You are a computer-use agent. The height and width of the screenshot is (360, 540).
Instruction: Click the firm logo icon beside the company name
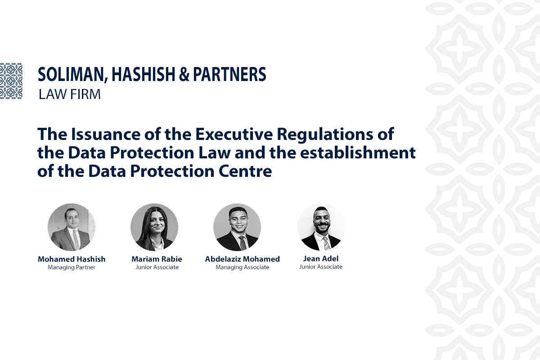[11, 81]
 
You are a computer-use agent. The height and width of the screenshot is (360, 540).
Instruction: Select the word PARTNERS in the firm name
[229, 75]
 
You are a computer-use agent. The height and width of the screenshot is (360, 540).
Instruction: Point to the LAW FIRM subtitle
[69, 94]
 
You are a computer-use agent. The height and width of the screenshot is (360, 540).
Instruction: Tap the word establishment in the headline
[363, 153]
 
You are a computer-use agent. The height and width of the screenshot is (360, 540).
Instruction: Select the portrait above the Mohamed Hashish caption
[72, 227]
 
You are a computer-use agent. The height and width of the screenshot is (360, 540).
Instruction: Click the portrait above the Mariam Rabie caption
[154, 227]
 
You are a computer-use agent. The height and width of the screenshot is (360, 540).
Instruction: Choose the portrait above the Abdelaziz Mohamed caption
[237, 227]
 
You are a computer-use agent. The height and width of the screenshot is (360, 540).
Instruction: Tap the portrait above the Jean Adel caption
[321, 227]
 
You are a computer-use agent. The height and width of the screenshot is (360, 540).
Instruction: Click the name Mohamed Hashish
[72, 259]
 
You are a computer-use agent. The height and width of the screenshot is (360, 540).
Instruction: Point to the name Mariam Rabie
[157, 259]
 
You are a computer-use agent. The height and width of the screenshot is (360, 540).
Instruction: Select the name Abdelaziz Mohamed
[242, 259]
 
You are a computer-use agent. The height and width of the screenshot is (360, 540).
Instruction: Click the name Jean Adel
[321, 259]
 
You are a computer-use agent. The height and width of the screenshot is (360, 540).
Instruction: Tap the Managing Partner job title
[72, 268]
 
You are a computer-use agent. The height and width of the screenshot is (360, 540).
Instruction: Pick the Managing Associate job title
[242, 268]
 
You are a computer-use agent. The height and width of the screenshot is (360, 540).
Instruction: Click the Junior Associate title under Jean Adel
[321, 267]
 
